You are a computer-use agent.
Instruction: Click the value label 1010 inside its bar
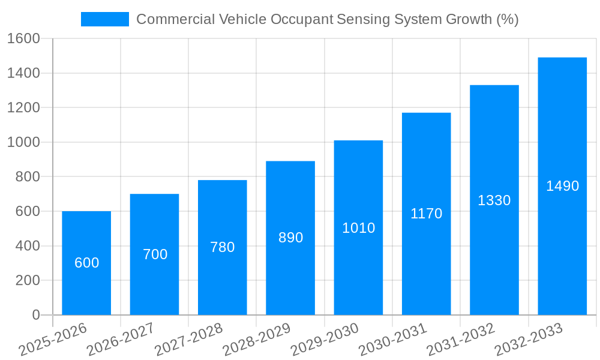[358, 228]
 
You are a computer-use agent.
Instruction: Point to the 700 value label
[155, 254]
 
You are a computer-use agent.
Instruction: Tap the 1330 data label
[494, 200]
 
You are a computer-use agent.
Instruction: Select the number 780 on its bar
[222, 247]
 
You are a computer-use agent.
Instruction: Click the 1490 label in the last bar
[562, 186]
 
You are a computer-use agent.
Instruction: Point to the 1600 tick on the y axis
[23, 38]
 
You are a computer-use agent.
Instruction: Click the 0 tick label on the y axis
[35, 315]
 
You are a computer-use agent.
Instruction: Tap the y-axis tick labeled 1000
[23, 142]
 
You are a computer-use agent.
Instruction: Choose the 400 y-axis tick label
[27, 246]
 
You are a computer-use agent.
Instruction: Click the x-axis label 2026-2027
[121, 340]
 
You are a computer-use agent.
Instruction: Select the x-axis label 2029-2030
[325, 340]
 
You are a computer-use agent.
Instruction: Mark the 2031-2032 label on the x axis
[461, 340]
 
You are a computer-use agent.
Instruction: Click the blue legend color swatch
[104, 19]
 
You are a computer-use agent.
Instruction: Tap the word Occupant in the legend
[302, 19]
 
